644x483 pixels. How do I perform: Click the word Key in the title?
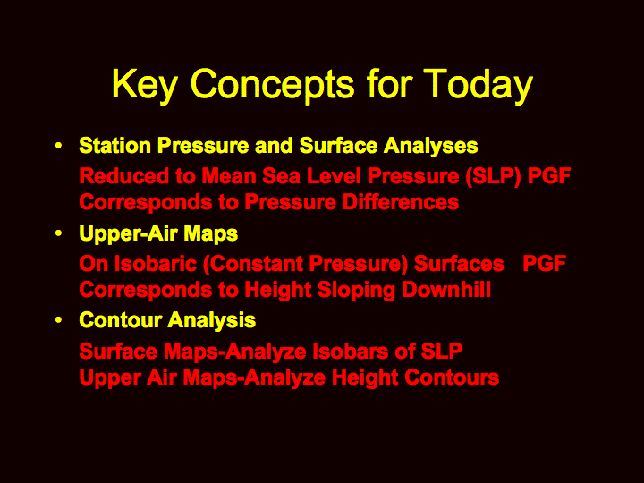click(x=145, y=85)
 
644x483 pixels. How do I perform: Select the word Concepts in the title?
click(x=272, y=85)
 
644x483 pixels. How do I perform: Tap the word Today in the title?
click(x=478, y=85)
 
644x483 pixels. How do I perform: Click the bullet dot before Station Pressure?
click(x=59, y=146)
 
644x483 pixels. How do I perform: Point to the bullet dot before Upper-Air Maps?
click(x=59, y=233)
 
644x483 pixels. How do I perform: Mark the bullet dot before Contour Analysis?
click(x=59, y=320)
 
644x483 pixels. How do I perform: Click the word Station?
click(x=115, y=146)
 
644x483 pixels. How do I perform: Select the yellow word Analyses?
click(x=430, y=146)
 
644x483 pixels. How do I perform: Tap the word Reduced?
click(x=124, y=176)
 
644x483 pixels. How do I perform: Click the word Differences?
click(x=401, y=202)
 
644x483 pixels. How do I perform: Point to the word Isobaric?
click(x=156, y=264)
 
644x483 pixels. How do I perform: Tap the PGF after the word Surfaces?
click(x=544, y=264)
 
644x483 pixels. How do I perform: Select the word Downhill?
click(x=446, y=290)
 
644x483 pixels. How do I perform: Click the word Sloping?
click(x=356, y=291)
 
